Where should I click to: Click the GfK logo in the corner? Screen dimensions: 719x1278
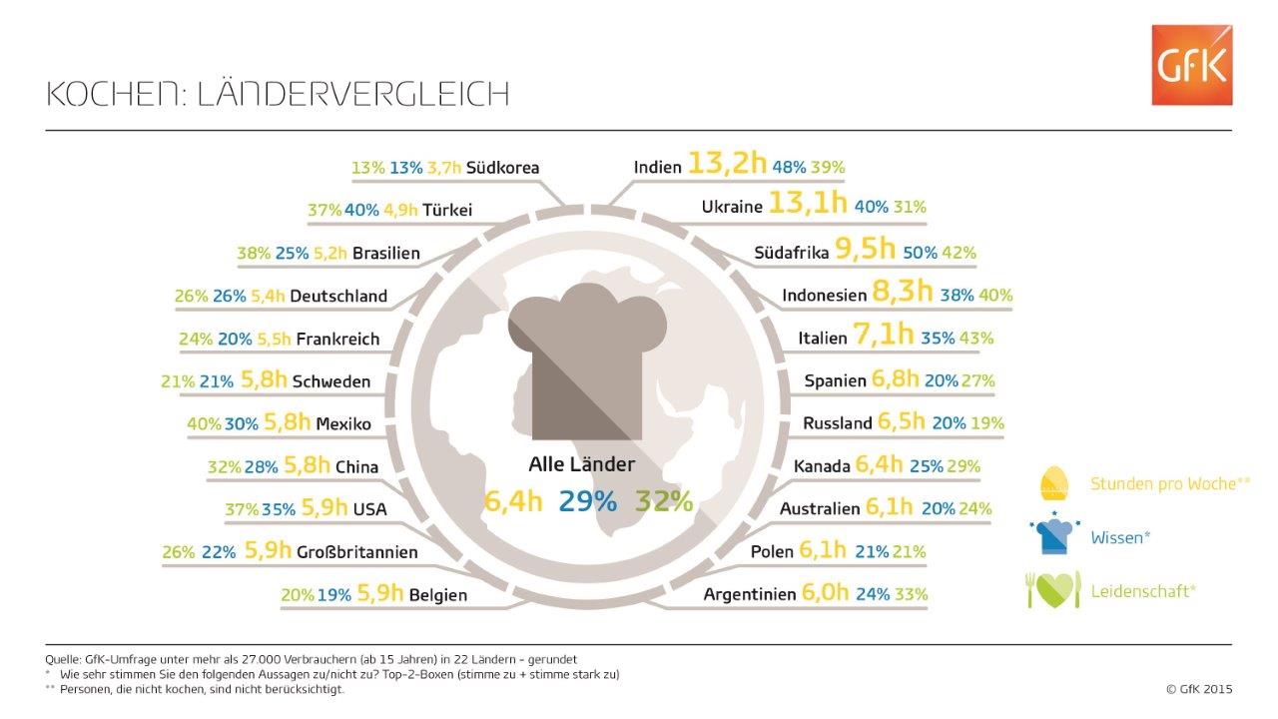1191,65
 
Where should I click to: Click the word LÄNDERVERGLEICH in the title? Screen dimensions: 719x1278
352,94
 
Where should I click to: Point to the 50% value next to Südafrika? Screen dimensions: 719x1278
919,254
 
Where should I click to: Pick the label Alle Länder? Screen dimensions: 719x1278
581,464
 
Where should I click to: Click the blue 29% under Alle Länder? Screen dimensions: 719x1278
587,501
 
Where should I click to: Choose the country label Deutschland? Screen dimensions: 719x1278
342,297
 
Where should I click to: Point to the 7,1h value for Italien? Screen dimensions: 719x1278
884,337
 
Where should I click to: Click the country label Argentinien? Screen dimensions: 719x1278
749,594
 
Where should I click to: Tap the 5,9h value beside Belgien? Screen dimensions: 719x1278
379,594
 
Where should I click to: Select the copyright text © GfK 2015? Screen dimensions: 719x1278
1199,688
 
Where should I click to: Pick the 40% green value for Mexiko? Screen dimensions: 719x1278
204,424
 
